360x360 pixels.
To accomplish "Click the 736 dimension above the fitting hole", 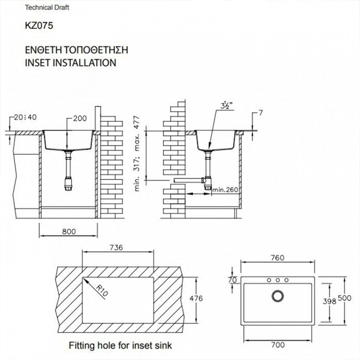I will [116, 248].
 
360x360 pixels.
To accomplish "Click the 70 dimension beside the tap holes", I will [232, 280].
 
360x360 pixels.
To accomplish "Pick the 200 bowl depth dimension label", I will [79, 118].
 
